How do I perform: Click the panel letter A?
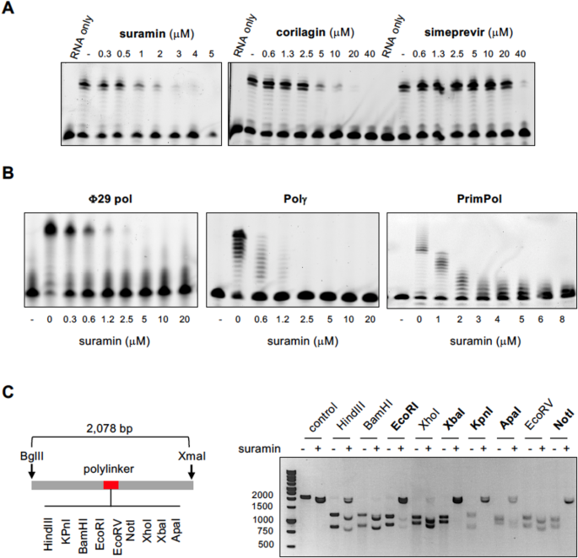tap(9, 8)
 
